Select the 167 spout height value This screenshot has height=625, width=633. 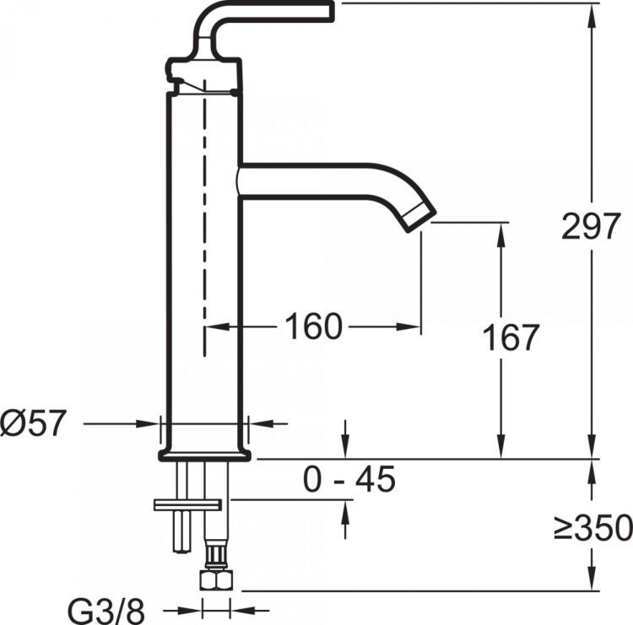point(511,338)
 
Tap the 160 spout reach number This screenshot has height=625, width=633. point(313,326)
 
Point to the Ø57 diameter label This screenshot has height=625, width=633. point(33,423)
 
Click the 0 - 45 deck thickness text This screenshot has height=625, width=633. point(349,480)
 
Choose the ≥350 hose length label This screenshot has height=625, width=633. point(593,529)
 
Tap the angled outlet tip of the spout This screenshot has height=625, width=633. point(420,215)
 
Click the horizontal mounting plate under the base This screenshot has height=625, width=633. point(187,504)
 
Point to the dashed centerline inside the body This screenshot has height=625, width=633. point(203,211)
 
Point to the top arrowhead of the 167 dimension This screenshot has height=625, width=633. point(501,232)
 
